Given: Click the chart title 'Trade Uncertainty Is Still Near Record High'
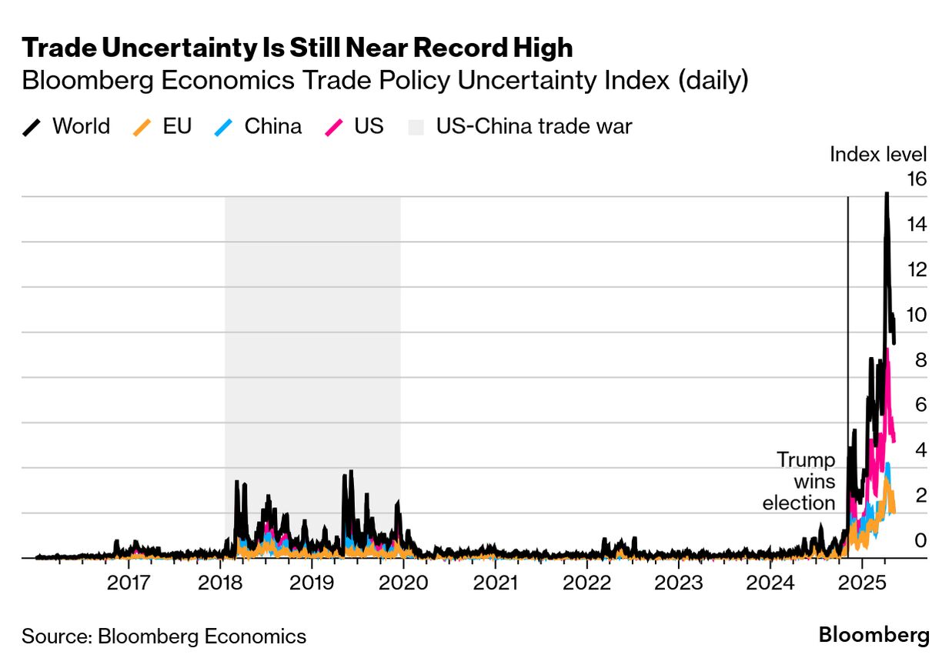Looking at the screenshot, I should point(297,48).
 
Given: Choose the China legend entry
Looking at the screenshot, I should point(258,126).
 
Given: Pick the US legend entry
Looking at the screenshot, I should point(355,126).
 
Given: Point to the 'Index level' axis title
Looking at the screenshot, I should point(878,154).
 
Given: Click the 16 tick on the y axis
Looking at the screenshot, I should point(917,179).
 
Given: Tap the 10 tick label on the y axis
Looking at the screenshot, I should point(917,315).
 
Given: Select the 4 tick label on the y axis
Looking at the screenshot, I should point(920,450).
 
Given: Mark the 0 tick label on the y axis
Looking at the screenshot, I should point(920,540).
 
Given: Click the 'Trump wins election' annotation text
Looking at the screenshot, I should point(800,482).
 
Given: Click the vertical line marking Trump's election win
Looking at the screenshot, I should point(847,308).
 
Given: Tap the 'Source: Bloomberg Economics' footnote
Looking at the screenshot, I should point(164,636).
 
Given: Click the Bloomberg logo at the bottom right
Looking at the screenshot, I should point(874,636).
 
